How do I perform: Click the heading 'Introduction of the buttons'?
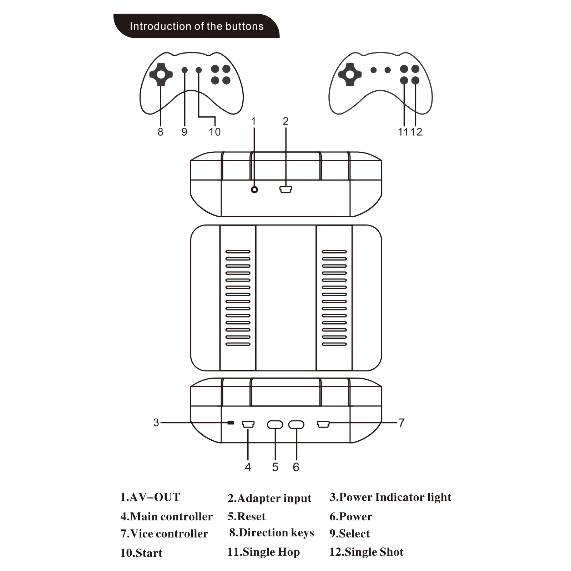[196, 26]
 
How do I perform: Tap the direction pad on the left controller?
[161, 75]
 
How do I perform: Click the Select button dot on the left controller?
[185, 70]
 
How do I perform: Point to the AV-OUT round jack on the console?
[254, 190]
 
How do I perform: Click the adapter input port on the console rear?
[286, 190]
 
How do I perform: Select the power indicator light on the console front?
[231, 423]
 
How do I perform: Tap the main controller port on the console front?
[248, 424]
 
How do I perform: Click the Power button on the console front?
[296, 424]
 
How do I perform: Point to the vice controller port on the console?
[323, 424]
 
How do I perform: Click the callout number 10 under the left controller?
[214, 132]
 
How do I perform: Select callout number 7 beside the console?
[401, 423]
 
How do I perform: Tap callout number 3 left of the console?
[156, 423]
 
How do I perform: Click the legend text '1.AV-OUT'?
[150, 497]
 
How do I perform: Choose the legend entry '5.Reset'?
[246, 516]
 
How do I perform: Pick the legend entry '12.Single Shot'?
[366, 552]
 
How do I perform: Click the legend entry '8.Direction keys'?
[271, 533]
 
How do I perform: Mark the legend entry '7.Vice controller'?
[164, 534]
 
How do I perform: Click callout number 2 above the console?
[285, 121]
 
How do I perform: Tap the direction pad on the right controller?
[350, 75]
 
